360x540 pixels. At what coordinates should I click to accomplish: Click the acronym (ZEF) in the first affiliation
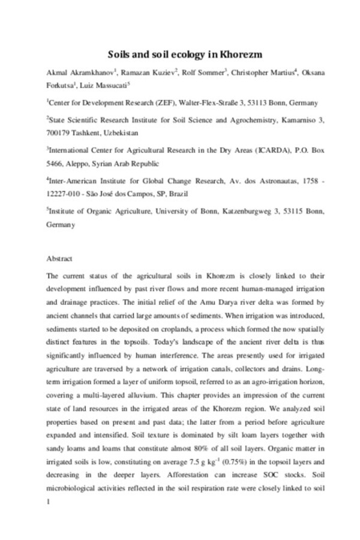click(163, 103)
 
